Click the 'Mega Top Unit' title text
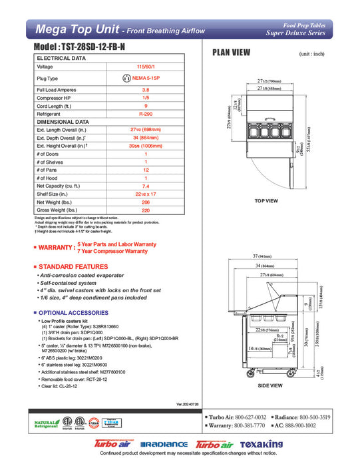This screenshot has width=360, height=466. pyautogui.click(x=77, y=30)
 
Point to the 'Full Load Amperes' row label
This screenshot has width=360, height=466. pyautogui.click(x=55, y=89)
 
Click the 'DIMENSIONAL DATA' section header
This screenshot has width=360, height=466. pyautogui.click(x=63, y=122)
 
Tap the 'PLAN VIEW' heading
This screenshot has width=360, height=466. pyautogui.click(x=231, y=53)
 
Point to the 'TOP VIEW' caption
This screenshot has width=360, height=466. pyautogui.click(x=266, y=200)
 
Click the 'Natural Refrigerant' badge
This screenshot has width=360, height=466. pyautogui.click(x=45, y=424)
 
